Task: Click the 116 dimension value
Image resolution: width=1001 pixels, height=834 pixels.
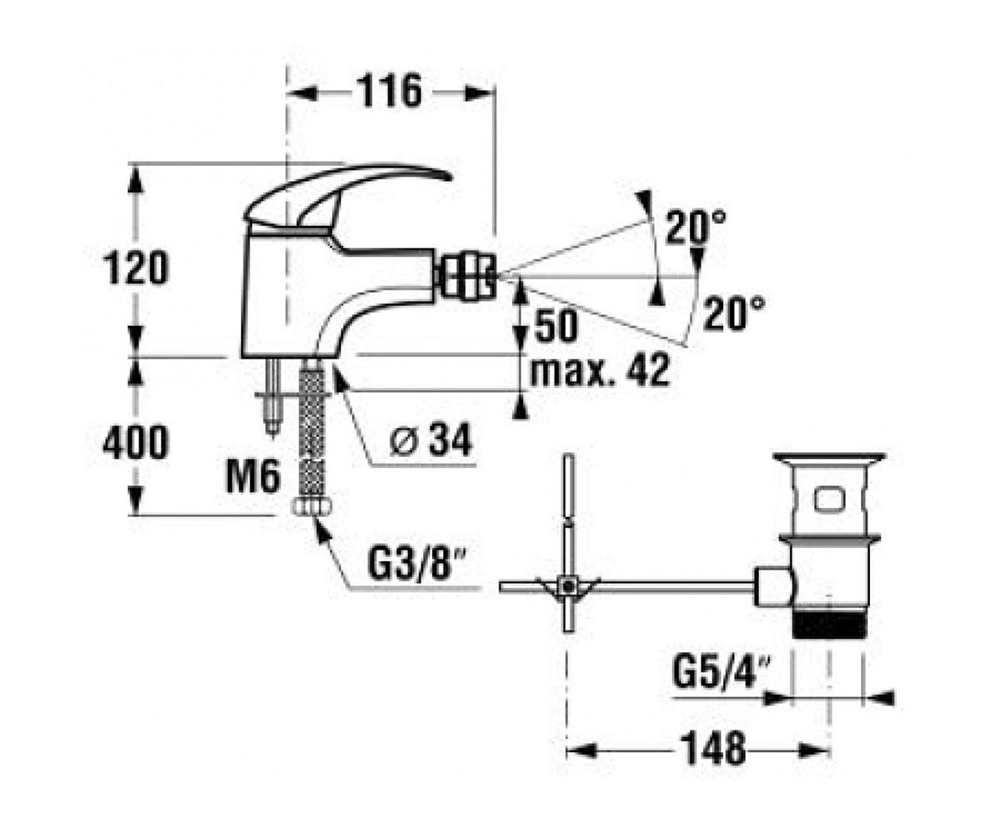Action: [x=392, y=91]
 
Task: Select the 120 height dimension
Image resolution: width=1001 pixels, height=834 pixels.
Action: [x=136, y=268]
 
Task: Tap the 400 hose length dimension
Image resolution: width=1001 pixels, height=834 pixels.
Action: [x=136, y=442]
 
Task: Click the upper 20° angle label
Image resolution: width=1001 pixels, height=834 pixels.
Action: [x=696, y=228]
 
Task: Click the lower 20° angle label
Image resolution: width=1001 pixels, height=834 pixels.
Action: [x=733, y=314]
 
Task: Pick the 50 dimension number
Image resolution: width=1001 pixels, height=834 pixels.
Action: [x=556, y=325]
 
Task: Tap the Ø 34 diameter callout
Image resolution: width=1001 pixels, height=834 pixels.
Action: [x=430, y=439]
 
